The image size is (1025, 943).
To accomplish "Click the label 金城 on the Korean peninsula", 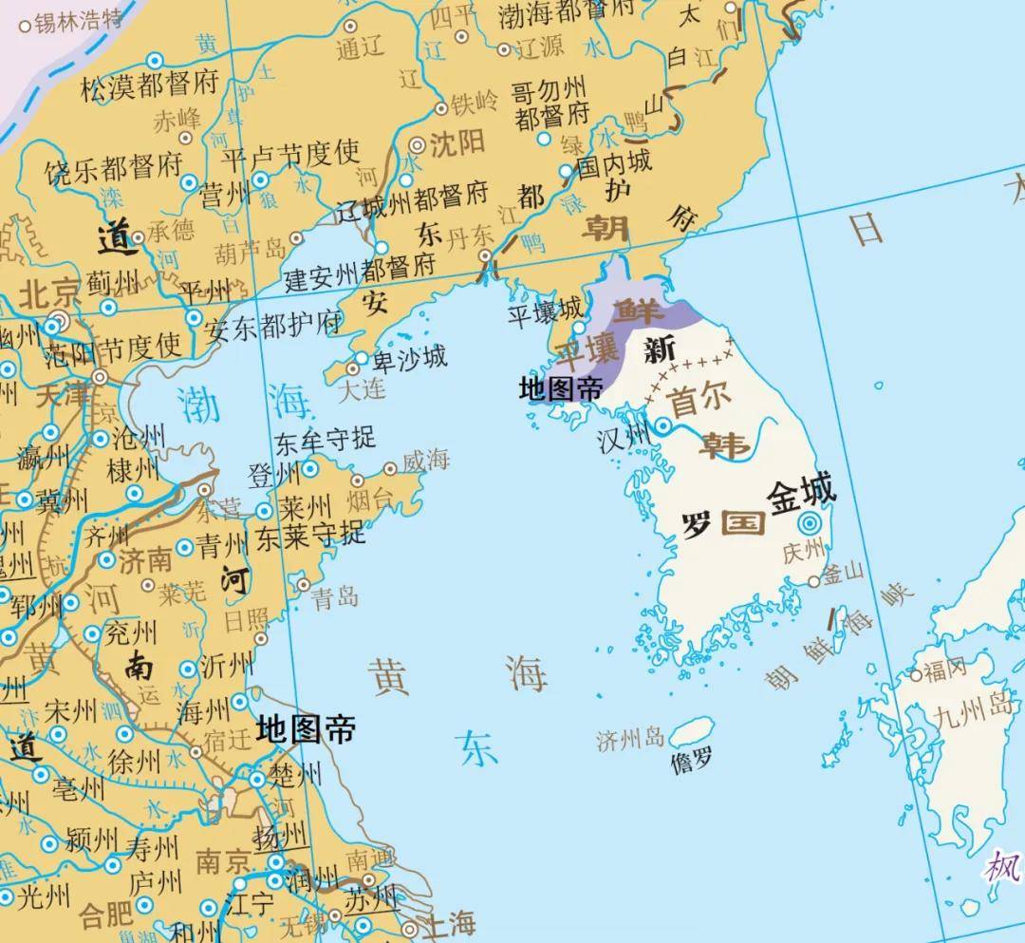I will [x=802, y=494].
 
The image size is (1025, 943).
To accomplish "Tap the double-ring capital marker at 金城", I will [x=809, y=523].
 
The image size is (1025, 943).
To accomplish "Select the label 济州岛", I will [x=630, y=739].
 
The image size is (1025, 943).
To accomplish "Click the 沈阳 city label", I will [x=457, y=144].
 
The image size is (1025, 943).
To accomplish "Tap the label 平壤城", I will [x=545, y=311].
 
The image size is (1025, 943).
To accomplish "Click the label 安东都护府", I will [x=274, y=323].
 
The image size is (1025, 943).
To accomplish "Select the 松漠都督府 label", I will [x=150, y=88].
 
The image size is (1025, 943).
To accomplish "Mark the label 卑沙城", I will [x=409, y=357].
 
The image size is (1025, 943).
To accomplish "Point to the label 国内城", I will [x=614, y=162].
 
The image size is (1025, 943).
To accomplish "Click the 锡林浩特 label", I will [x=79, y=21].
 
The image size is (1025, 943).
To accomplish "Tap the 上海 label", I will [x=449, y=921].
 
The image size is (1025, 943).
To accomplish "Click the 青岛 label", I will [x=335, y=596].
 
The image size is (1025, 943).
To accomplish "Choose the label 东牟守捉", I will [x=325, y=440].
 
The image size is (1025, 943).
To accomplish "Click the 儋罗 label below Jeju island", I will [x=691, y=761].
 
